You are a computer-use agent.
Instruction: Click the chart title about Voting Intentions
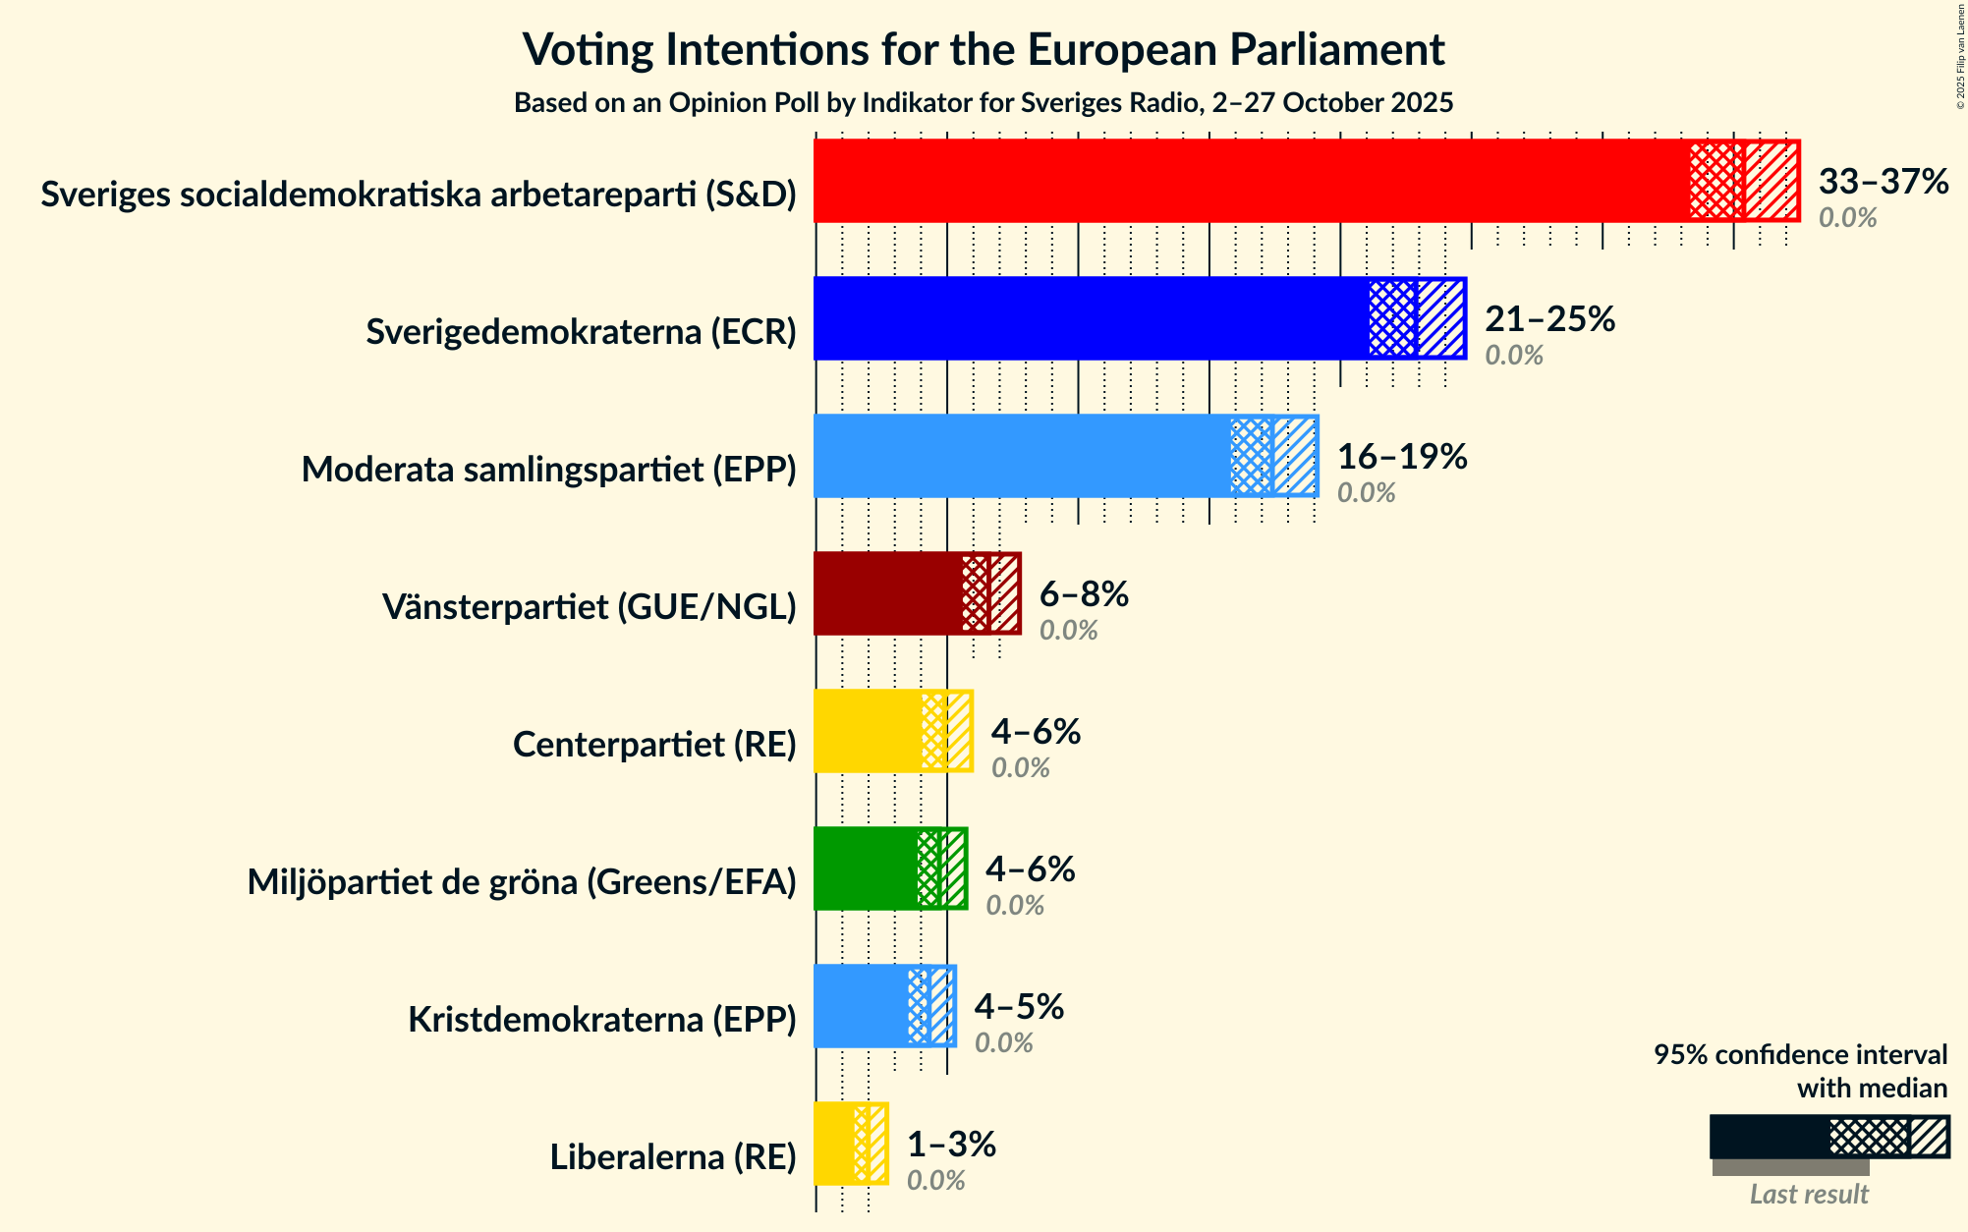[984, 49]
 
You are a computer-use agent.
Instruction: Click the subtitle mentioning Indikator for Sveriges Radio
[984, 103]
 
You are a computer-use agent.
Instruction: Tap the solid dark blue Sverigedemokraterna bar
[1091, 318]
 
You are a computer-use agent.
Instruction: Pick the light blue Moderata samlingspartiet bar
[1022, 456]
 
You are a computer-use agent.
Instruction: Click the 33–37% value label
[1883, 182]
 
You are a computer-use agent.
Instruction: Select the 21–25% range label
[1549, 319]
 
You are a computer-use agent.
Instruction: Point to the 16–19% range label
[1401, 457]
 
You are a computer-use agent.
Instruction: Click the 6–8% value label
[1084, 594]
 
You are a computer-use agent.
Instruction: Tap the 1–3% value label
[950, 1145]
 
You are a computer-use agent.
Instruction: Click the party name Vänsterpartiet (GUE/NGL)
[589, 607]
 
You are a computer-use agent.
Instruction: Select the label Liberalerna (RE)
[672, 1157]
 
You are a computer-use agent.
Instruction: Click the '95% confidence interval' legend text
[1799, 1055]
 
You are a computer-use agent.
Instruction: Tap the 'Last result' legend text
[1808, 1194]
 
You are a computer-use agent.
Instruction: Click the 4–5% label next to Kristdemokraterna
[1019, 1007]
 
